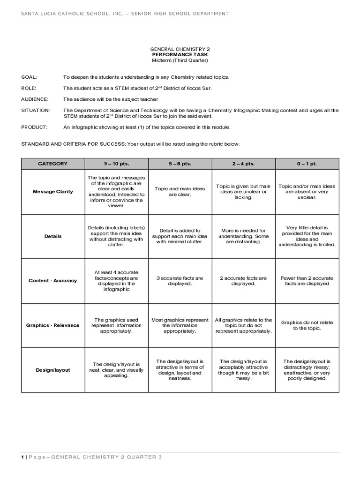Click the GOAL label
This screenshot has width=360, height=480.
29,76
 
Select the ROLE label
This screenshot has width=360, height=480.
29,88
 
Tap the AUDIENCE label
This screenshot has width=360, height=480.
34,99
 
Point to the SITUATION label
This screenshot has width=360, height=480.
35,110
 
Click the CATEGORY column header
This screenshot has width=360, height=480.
52,164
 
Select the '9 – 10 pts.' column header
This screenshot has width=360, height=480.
116,164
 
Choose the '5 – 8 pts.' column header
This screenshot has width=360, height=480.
180,164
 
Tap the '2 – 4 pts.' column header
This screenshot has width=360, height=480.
244,164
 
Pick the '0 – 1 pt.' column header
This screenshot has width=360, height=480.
307,164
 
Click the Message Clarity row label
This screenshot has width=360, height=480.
52,192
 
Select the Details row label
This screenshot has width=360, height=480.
52,236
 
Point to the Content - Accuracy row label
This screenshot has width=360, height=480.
52,280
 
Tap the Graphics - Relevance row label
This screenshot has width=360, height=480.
52,325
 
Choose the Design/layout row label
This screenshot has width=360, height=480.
52,370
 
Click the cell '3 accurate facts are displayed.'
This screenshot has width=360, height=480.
180,280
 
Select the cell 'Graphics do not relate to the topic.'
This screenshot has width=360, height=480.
307,325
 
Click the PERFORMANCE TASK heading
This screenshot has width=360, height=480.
180,55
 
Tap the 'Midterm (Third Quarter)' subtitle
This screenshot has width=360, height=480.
180,61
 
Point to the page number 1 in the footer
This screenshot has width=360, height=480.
22,457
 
